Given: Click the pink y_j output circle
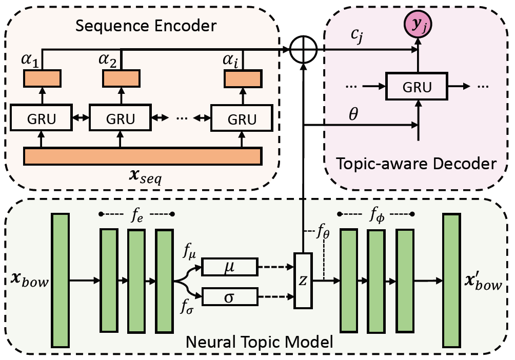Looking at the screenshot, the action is (418, 24).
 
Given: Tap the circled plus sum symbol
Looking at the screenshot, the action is (304, 50).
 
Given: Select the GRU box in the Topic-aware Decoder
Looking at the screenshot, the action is (417, 86).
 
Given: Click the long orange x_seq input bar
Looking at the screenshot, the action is (143, 156).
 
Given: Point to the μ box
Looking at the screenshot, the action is (229, 267).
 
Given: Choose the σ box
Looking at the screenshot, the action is (229, 296).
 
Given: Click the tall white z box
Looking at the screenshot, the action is (303, 281).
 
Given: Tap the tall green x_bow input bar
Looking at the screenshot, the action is (61, 280).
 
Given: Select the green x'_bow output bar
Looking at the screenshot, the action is (451, 280).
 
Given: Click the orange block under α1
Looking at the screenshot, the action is (42, 78).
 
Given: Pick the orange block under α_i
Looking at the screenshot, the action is (243, 78).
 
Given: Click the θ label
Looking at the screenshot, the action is (353, 114).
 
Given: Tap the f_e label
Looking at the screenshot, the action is (137, 215).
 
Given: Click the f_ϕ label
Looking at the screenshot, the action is (377, 216).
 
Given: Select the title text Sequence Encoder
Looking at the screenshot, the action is (146, 26).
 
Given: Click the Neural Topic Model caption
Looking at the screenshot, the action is (259, 342).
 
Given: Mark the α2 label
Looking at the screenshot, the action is (107, 60).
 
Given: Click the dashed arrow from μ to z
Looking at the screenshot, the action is (276, 267).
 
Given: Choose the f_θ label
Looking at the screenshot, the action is (323, 232).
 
